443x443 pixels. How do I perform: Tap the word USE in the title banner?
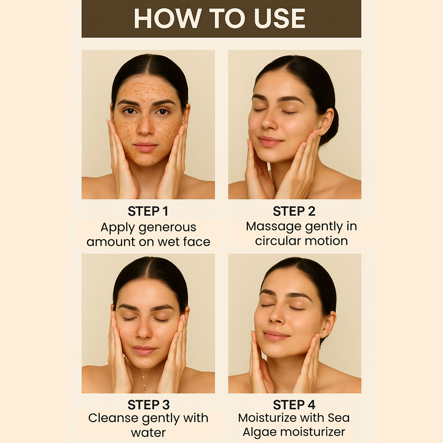280,18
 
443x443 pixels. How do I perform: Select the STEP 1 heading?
148,211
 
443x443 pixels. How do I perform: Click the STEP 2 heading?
294,211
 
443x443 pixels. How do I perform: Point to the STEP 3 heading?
148,405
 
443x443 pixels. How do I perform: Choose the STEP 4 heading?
294,405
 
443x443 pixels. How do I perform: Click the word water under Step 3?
148,433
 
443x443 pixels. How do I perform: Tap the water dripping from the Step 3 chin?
145,380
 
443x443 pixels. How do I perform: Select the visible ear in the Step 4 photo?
328,324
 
